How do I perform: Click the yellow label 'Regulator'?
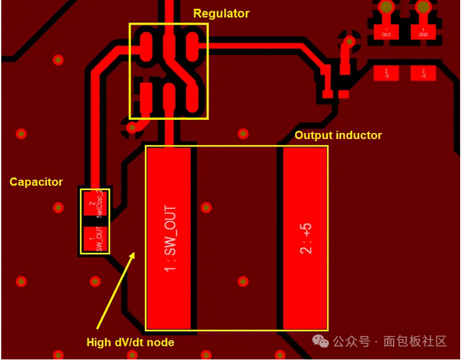pyautogui.click(x=221, y=14)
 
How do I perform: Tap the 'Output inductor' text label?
pyautogui.click(x=338, y=135)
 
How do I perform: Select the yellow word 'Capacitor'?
pyautogui.click(x=36, y=182)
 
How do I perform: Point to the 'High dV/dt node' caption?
pyautogui.click(x=130, y=342)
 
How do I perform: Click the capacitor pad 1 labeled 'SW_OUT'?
pyautogui.click(x=95, y=239)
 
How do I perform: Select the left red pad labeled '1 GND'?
pyautogui.click(x=386, y=33)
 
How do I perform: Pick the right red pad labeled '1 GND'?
pyautogui.click(x=423, y=33)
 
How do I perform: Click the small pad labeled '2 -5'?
pyautogui.click(x=386, y=73)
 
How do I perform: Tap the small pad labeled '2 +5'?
pyautogui.click(x=423, y=73)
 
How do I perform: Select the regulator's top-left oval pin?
pyautogui.click(x=147, y=47)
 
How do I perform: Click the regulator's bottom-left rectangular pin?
pyautogui.click(x=147, y=97)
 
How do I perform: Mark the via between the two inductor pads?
pyautogui.click(x=206, y=207)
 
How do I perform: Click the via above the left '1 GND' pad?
pyautogui.click(x=386, y=7)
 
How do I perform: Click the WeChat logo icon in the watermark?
pyautogui.click(x=320, y=341)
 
